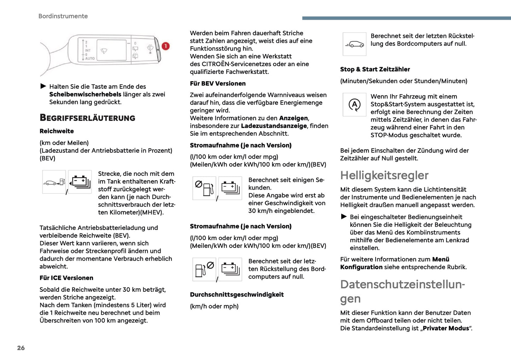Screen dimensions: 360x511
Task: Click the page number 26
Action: point(21,348)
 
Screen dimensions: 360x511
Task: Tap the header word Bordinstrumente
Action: point(63,16)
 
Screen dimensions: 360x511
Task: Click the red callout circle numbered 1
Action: point(166,46)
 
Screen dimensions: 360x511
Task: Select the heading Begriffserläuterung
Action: point(87,118)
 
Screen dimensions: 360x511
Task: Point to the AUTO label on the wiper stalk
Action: point(90,59)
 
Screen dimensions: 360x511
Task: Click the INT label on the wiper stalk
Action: point(88,51)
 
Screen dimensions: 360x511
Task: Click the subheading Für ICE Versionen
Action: point(66,278)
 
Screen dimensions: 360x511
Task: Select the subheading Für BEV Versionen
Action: point(217,83)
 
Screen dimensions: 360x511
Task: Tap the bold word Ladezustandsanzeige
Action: point(274,126)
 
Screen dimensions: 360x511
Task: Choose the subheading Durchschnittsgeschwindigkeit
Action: point(237,295)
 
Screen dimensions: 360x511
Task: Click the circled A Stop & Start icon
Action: point(354,105)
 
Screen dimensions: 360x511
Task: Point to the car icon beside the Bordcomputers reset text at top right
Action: point(354,44)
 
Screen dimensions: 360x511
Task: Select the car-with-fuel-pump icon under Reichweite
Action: point(54,182)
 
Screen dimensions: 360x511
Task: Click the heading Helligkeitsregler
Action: point(384,175)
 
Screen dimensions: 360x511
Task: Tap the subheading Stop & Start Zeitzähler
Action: point(375,69)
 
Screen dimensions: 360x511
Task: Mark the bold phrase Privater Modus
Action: point(446,328)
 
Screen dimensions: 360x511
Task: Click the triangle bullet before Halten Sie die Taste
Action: point(43,86)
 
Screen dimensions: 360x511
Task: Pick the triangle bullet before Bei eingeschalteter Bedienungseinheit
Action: point(344,216)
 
